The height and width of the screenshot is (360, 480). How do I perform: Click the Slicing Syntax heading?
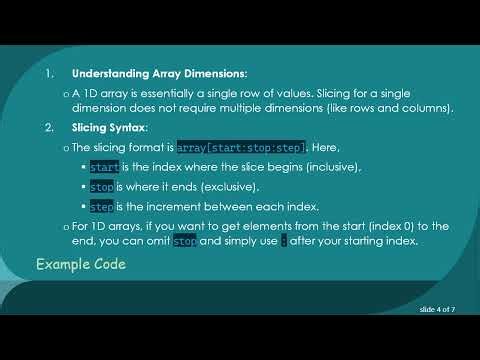coord(109,128)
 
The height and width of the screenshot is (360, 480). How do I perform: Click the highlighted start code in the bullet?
coord(104,167)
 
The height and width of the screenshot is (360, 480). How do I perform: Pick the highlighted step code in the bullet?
coord(102,207)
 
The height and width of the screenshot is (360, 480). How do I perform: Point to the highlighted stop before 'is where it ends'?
coord(102,187)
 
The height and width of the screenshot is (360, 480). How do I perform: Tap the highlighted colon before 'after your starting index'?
coord(284,241)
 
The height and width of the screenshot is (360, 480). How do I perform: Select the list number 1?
coord(50,75)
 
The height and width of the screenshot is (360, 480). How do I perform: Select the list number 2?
coord(50,128)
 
